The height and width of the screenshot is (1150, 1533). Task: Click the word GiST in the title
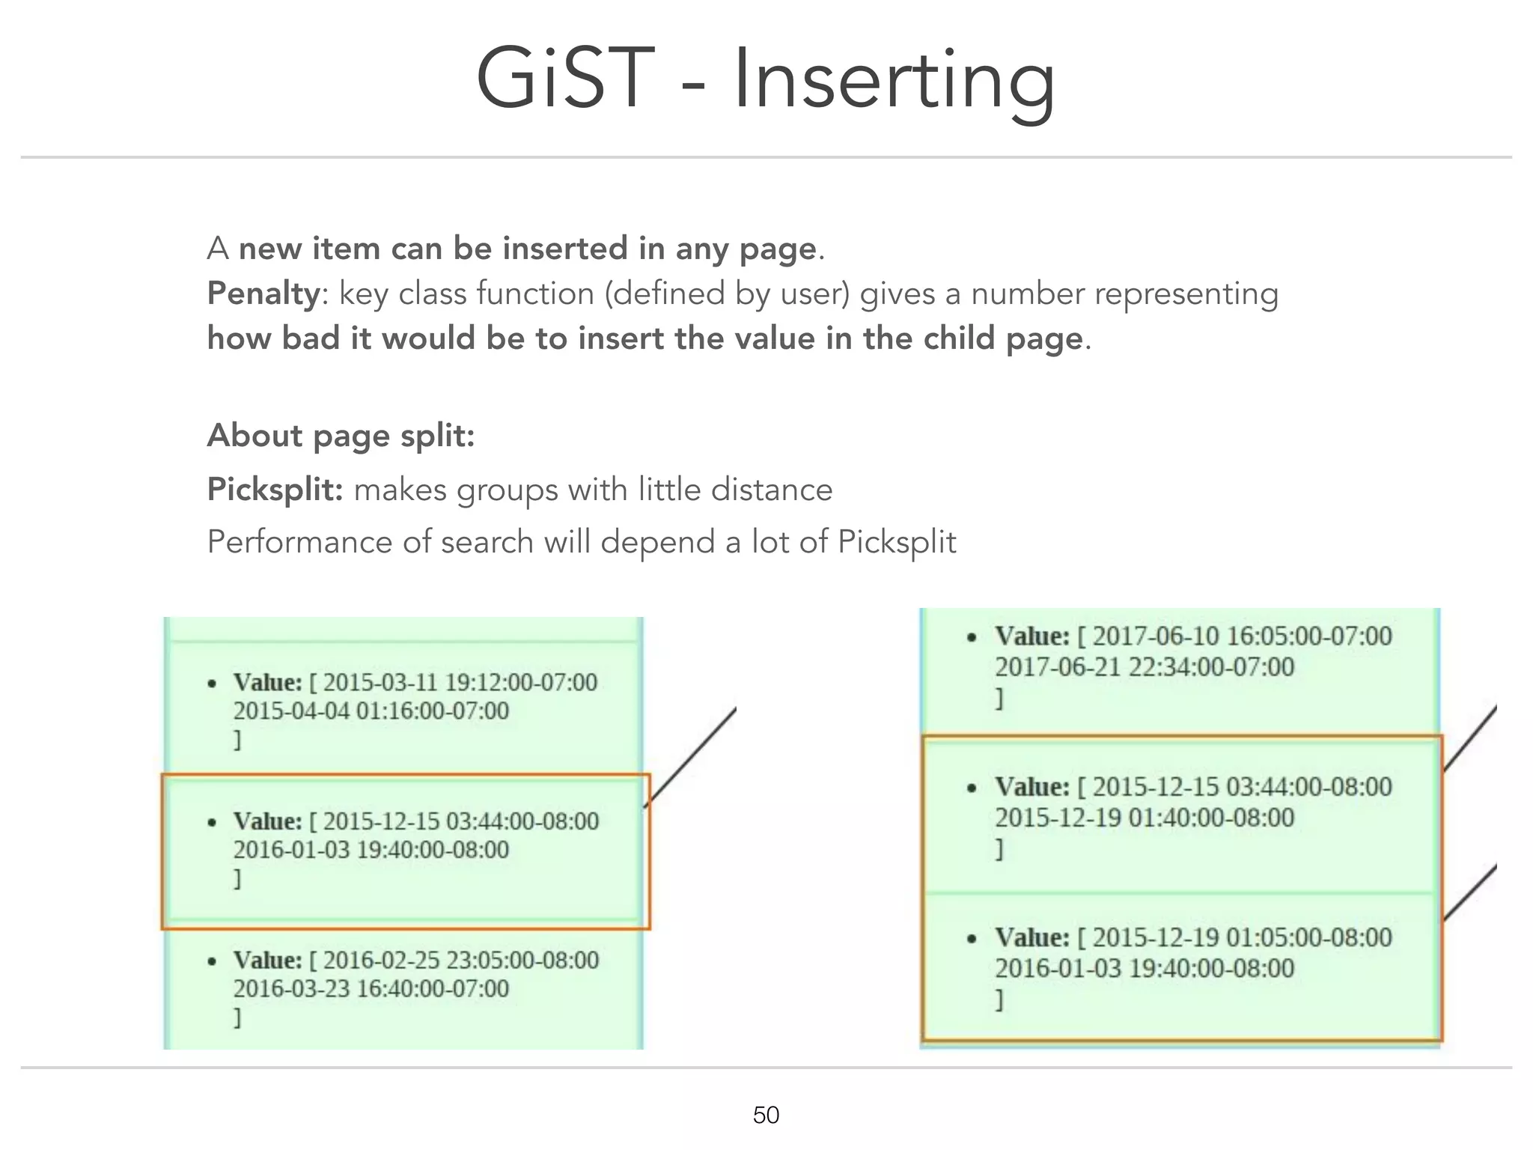click(x=565, y=79)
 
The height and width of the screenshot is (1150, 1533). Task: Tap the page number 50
click(x=766, y=1115)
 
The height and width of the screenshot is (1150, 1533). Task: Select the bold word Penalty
click(x=263, y=293)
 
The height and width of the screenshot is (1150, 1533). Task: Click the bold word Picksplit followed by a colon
click(x=275, y=490)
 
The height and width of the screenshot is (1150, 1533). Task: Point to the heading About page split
click(x=341, y=435)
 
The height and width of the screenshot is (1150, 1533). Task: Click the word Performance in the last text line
click(x=299, y=541)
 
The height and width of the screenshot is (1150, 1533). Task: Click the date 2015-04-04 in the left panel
click(x=291, y=711)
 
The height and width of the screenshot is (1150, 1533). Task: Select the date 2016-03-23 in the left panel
click(x=291, y=988)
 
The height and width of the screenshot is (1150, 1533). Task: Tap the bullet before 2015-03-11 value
click(x=213, y=684)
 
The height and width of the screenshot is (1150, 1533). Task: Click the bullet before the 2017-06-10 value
click(x=972, y=638)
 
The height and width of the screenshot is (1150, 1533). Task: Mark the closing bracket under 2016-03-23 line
click(x=237, y=1017)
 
